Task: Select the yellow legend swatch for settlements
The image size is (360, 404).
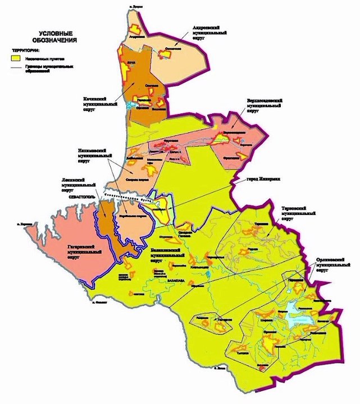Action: (x=19, y=57)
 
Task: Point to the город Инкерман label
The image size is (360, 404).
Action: (x=261, y=178)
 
